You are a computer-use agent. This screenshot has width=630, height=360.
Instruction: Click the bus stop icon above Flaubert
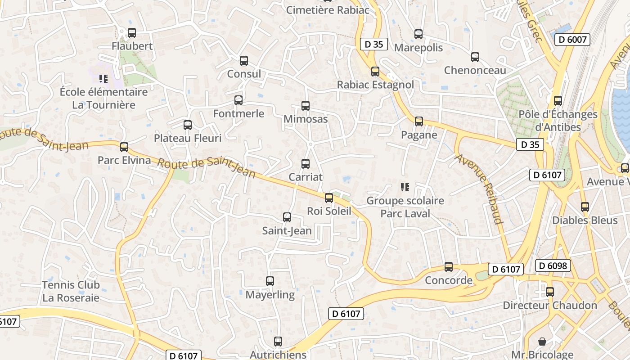click(x=131, y=33)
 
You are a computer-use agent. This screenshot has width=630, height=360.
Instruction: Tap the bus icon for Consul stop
click(x=244, y=61)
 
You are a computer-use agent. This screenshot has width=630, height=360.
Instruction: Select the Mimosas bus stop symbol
click(x=306, y=106)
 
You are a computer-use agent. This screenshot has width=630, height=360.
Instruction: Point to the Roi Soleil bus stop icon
click(x=329, y=198)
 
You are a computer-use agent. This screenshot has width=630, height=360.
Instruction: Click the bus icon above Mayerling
click(x=270, y=281)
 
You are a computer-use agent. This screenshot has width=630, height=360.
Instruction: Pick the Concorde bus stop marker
click(x=449, y=267)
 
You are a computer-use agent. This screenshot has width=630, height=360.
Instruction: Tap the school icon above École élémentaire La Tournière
click(x=103, y=79)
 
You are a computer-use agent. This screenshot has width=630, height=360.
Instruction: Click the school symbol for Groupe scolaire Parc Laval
click(x=405, y=187)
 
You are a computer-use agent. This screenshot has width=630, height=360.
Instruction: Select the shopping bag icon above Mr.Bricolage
click(x=542, y=341)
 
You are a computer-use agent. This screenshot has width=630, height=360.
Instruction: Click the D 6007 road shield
click(x=572, y=40)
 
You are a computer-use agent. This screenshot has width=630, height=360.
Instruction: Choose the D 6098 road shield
click(x=553, y=265)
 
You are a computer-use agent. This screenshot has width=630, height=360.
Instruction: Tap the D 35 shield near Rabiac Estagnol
click(x=374, y=44)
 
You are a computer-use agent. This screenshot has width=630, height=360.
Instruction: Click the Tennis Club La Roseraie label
click(x=71, y=291)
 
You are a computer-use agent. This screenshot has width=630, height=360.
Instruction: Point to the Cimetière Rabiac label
click(x=328, y=10)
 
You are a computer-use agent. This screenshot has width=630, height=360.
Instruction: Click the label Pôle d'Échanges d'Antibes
click(x=558, y=121)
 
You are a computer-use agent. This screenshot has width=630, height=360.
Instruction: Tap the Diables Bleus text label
click(x=585, y=220)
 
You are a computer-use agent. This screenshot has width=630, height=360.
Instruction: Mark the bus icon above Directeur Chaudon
click(x=550, y=292)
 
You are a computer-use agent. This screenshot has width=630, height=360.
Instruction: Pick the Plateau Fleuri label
click(x=188, y=138)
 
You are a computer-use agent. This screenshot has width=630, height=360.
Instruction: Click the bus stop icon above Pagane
click(x=419, y=121)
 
